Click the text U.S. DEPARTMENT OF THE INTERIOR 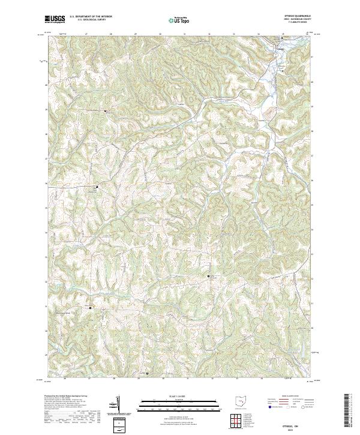click(89, 17)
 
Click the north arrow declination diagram click(118, 405)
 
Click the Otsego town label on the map click(280, 43)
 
